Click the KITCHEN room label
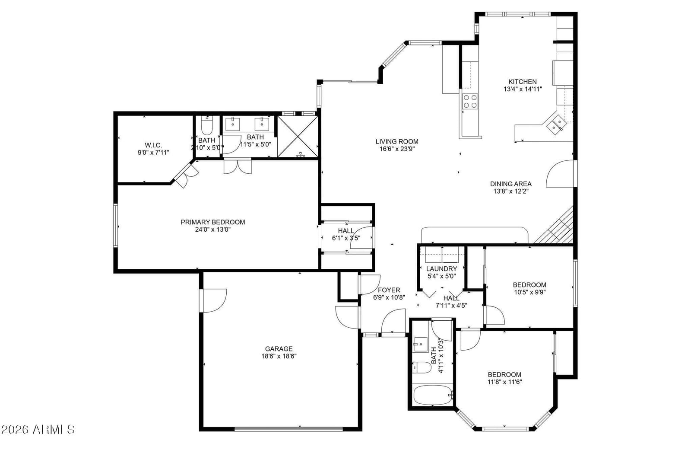(x=522, y=82)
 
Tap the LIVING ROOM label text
(x=397, y=141)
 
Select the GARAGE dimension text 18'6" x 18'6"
(x=279, y=356)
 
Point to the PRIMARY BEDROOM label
(x=213, y=222)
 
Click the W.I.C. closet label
(x=153, y=145)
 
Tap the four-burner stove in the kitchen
(x=470, y=101)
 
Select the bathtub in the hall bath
(x=433, y=395)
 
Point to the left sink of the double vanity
(x=233, y=124)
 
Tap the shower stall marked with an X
(x=298, y=137)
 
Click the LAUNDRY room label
(x=441, y=269)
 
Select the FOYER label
(x=389, y=290)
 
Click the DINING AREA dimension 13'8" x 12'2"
(x=511, y=191)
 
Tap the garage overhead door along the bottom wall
(x=288, y=429)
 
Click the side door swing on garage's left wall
(x=214, y=300)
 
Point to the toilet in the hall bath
(x=422, y=367)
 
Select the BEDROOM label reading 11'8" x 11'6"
(x=505, y=375)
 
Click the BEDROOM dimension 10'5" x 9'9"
(x=530, y=292)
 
